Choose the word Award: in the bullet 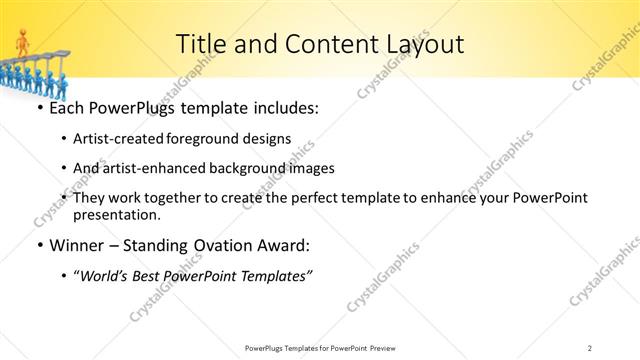[x=285, y=245]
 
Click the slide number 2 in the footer [x=590, y=347]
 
